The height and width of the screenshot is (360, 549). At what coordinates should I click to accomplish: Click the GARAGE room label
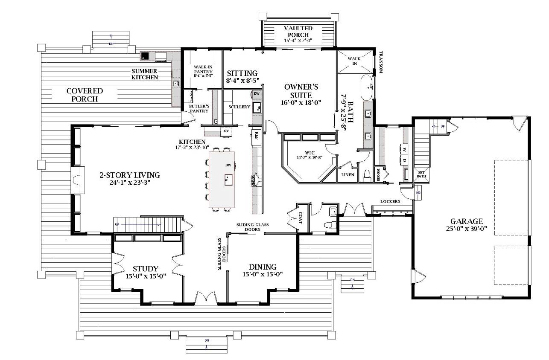point(467,221)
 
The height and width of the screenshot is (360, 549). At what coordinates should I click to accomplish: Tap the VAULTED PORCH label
point(298,31)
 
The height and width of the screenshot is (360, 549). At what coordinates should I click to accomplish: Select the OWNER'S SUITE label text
point(301,91)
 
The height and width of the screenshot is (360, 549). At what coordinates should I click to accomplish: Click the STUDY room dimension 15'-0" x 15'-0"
point(146,276)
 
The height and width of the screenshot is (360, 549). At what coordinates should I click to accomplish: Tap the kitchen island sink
point(228,179)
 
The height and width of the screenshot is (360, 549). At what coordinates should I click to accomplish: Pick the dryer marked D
point(404,161)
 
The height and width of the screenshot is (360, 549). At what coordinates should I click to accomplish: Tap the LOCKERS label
point(390,202)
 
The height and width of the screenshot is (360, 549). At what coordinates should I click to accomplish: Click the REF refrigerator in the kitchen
point(257,136)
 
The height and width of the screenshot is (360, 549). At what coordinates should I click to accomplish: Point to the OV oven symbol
point(226,131)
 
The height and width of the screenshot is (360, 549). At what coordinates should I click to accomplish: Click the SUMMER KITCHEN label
point(145,74)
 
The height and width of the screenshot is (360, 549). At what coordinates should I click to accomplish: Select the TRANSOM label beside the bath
point(380,62)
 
